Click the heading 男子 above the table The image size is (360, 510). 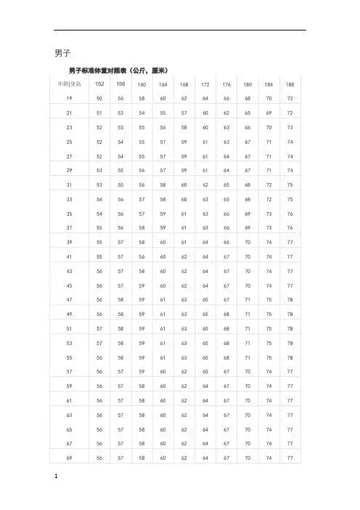[x=62, y=54]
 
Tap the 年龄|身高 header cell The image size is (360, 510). [x=69, y=84]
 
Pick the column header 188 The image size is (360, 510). [x=290, y=84]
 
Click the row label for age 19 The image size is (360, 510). [x=69, y=97]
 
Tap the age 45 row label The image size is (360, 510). [x=69, y=286]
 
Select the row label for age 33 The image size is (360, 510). [x=69, y=198]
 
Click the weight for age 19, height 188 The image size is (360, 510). [x=290, y=97]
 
